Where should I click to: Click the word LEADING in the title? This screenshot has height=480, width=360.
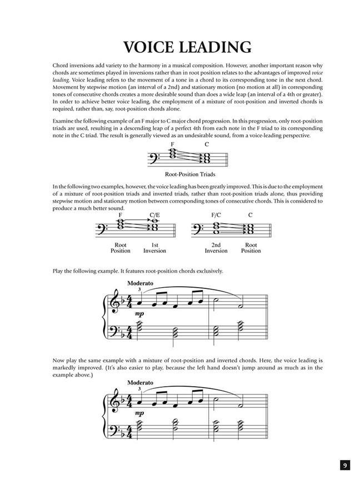212,46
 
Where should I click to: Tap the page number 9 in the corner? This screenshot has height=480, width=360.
344,465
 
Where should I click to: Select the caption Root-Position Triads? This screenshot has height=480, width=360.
179,174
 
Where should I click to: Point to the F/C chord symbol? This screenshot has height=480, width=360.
216,214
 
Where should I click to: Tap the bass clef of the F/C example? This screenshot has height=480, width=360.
197,228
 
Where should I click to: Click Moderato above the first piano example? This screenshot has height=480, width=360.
140,283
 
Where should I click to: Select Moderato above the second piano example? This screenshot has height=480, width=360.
140,383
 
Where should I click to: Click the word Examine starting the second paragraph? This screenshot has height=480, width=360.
64,121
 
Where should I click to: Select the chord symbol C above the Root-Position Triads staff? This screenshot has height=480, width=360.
206,144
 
